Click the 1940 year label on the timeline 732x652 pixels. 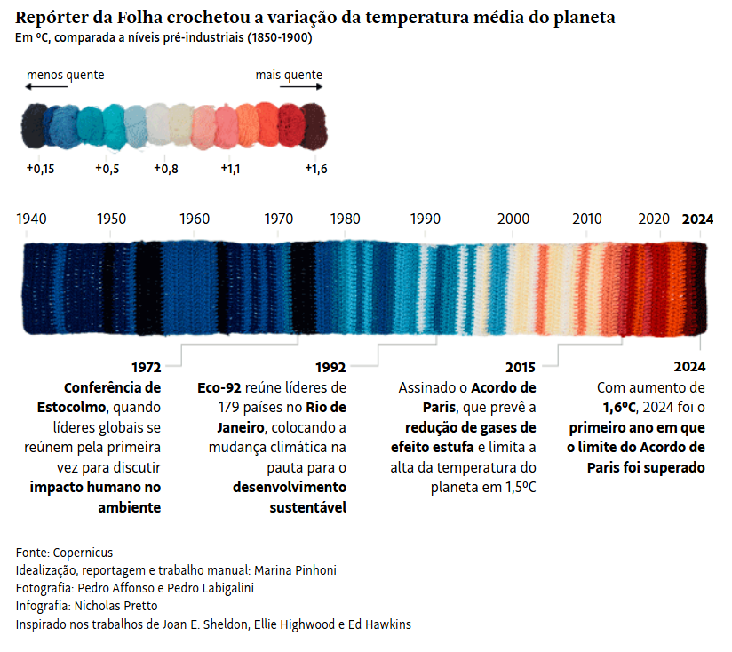(x=31, y=219)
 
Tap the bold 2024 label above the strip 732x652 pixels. (x=697, y=219)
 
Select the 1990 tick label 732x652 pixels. (x=426, y=219)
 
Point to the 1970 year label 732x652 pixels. (x=279, y=219)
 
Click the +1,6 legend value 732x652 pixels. (x=316, y=169)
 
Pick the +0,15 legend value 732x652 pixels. (x=40, y=169)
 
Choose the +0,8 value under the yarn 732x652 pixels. (x=166, y=169)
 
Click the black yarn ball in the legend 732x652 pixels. (x=35, y=127)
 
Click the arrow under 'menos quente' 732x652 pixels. (x=46, y=87)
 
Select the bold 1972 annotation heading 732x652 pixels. (x=146, y=367)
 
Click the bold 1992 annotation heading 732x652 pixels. (x=330, y=367)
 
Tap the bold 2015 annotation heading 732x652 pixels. (x=521, y=367)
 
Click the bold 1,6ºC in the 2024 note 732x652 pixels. (x=619, y=407)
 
